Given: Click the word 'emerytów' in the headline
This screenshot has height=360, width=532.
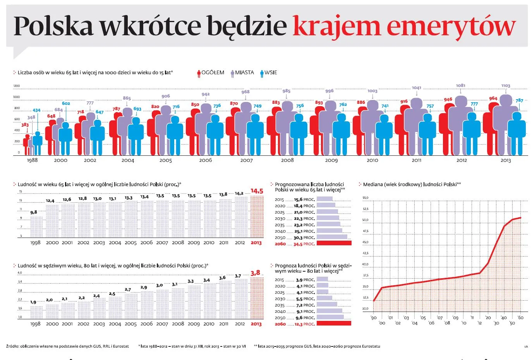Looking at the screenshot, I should pyautogui.click(x=451, y=26).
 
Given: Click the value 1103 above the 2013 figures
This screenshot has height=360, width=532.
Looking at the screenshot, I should pyautogui.click(x=506, y=86).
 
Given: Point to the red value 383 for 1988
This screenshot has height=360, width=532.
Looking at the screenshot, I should pyautogui.click(x=25, y=125).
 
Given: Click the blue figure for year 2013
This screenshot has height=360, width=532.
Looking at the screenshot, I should pyautogui.click(x=517, y=132).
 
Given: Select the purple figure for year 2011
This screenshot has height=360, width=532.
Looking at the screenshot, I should pyautogui.click(x=416, y=124).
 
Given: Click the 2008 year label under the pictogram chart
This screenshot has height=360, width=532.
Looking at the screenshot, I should pyautogui.click(x=287, y=160).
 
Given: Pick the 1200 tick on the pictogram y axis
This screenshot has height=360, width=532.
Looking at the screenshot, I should pyautogui.click(x=16, y=86).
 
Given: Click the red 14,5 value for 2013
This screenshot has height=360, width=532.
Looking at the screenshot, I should pyautogui.click(x=256, y=191).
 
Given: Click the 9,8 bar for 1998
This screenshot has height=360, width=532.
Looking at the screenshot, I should pyautogui.click(x=36, y=226).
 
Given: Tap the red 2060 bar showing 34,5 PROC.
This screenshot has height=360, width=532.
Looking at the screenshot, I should pyautogui.click(x=334, y=243).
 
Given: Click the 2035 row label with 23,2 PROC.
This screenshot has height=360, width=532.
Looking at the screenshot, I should pyautogui.click(x=280, y=225).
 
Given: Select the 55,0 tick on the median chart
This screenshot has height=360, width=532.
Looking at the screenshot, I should pyautogui.click(x=365, y=198).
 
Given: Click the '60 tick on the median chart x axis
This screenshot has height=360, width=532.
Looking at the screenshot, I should pyautogui.click(x=520, y=317).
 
